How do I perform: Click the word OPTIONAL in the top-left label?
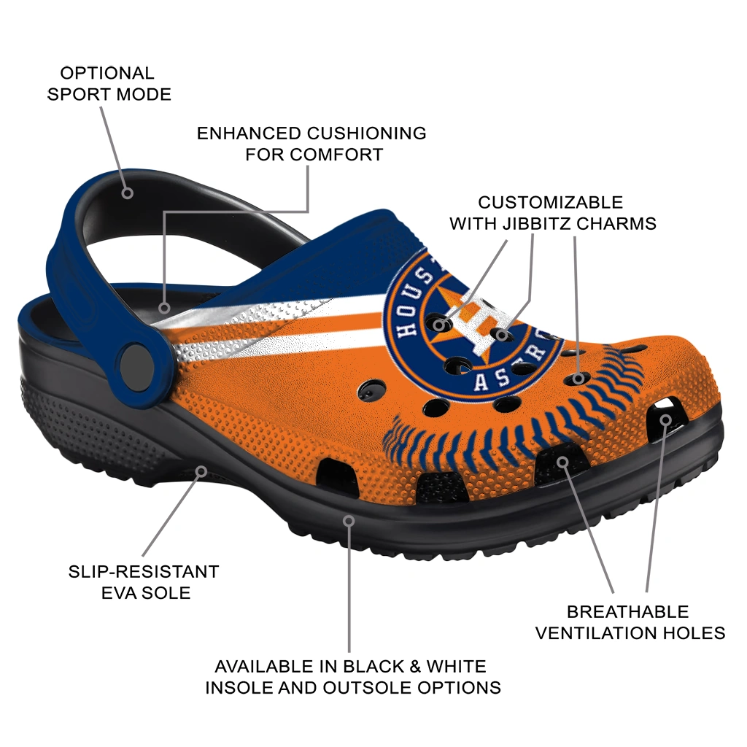click(107, 74)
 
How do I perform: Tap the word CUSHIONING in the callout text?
click(366, 133)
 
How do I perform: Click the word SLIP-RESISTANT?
click(144, 571)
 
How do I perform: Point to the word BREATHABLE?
click(628, 612)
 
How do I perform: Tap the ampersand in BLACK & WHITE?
click(414, 666)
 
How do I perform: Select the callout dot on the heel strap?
click(127, 193)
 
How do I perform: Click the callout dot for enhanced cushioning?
click(164, 308)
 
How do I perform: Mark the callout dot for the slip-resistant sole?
click(201, 472)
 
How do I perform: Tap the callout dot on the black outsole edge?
click(349, 521)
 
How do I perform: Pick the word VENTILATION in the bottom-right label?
click(595, 633)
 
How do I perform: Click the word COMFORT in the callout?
click(337, 155)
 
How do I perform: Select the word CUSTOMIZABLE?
click(550, 202)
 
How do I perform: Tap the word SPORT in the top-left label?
click(79, 94)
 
